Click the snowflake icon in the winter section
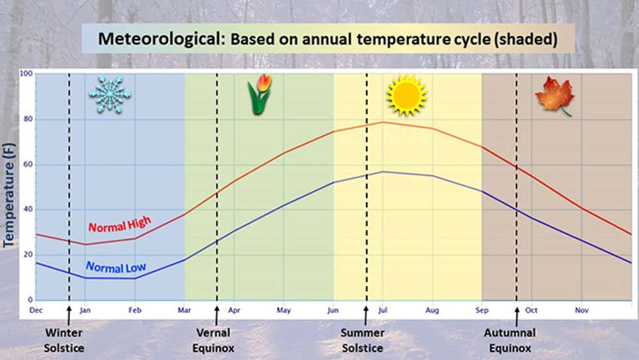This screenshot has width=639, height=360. point(110,94)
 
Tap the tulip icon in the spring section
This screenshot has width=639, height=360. point(259,95)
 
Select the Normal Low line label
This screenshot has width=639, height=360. point(116,267)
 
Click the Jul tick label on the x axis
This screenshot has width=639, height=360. point(383,310)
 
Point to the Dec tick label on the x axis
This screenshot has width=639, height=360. point(36,310)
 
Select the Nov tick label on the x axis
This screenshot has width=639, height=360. point(582,310)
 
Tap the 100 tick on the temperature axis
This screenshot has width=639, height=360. point(26,74)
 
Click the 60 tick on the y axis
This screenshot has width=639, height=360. point(27,164)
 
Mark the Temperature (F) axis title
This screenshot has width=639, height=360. point(8,196)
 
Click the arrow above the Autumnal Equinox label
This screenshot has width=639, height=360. point(516,316)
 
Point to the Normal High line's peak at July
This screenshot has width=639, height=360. point(383,122)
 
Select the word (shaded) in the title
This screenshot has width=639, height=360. point(526,39)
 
